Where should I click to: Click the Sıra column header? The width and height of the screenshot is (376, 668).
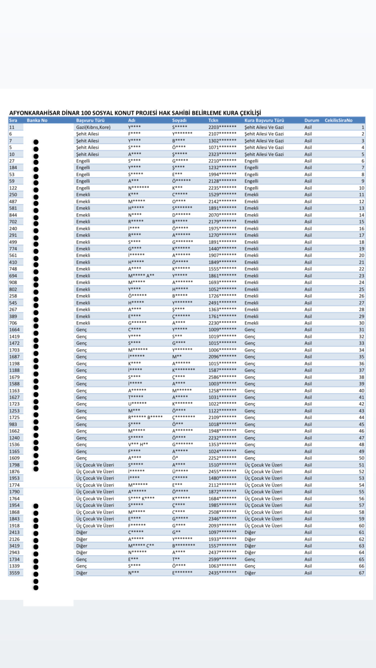(x=13, y=120)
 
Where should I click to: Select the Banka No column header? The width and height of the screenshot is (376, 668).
(x=37, y=120)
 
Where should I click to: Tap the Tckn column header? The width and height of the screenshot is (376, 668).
(x=213, y=120)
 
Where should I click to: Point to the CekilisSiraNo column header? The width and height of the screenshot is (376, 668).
(x=338, y=120)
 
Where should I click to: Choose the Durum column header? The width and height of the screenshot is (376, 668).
(x=311, y=120)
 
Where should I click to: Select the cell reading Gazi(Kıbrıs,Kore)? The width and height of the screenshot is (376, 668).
(x=93, y=127)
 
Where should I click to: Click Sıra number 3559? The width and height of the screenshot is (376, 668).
(x=14, y=573)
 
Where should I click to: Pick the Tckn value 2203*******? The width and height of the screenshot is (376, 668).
(x=222, y=127)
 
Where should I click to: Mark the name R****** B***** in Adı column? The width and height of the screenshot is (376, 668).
(x=145, y=418)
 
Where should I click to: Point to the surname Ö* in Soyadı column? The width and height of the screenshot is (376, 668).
(x=175, y=458)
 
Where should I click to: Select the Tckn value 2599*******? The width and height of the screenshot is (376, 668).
(x=222, y=559)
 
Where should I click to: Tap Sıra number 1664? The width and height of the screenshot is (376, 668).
(x=14, y=330)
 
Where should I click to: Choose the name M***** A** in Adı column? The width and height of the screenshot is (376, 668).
(x=141, y=276)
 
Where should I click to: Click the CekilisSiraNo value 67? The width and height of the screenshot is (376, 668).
(x=362, y=573)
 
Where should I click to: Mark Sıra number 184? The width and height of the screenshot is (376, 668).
(x=13, y=168)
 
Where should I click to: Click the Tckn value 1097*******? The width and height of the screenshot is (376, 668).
(x=222, y=532)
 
